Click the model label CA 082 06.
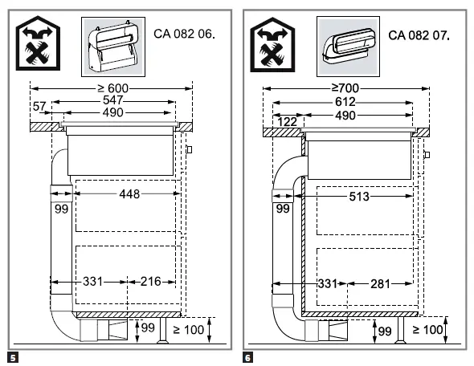184,34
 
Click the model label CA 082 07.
419,35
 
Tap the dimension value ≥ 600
113,88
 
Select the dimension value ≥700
345,88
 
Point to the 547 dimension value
113,100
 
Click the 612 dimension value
345,102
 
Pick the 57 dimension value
39,106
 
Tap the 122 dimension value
287,122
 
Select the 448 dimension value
129,194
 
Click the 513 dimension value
359,197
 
